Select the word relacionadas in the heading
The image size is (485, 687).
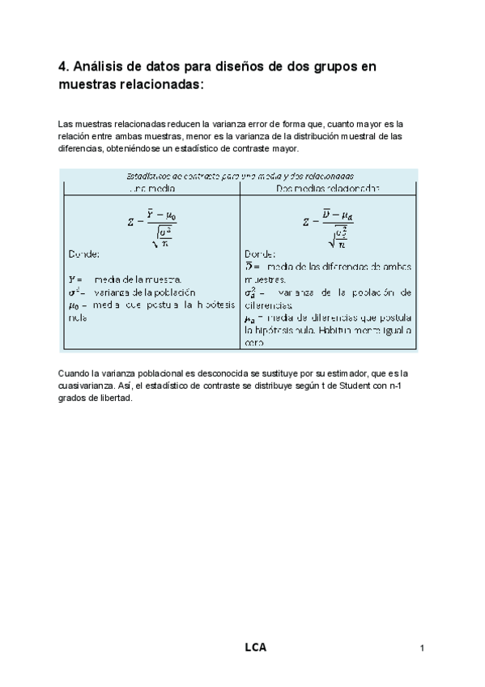point(159,84)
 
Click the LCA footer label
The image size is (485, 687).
point(255,647)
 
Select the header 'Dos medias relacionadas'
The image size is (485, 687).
point(328,187)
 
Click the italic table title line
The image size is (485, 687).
point(236,175)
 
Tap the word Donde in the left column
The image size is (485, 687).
point(83,254)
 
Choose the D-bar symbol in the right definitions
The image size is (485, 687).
point(251,266)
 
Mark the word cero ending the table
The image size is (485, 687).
point(253,343)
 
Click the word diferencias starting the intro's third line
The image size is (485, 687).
point(80,149)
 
